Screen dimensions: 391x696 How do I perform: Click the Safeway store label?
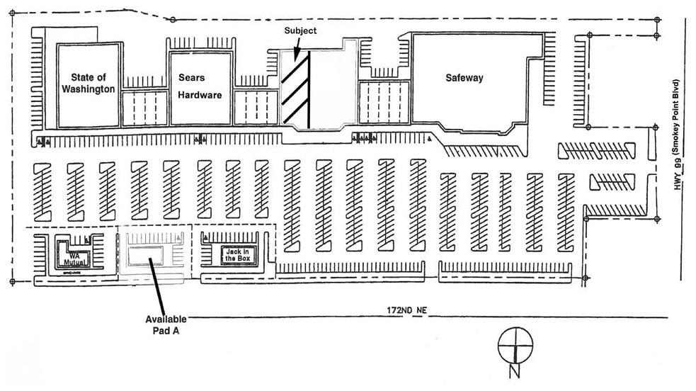tap(464, 78)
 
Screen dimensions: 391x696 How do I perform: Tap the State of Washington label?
tap(88, 83)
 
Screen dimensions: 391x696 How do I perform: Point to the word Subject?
tap(300, 31)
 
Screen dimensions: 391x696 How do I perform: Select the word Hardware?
tap(200, 95)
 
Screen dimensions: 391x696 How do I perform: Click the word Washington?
tap(88, 89)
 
